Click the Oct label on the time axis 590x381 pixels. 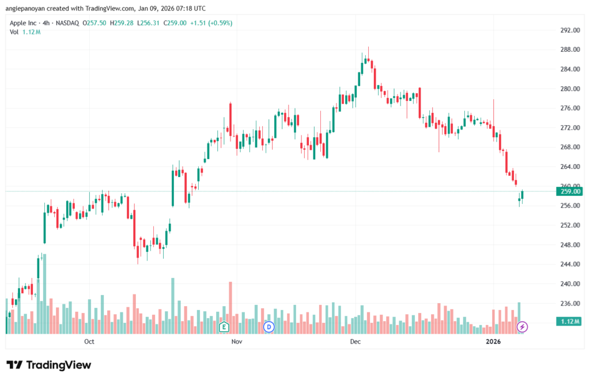pos(89,341)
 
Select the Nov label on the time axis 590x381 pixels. pos(236,341)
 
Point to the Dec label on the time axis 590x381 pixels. pos(355,341)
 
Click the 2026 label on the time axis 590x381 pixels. pos(493,341)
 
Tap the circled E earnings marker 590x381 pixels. pos(224,327)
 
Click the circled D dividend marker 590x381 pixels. pos(268,327)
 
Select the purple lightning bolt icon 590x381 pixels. pos(523,327)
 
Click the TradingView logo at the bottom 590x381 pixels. pos(48,365)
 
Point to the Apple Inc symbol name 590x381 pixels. pos(27,23)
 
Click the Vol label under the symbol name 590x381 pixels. pos(14,32)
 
